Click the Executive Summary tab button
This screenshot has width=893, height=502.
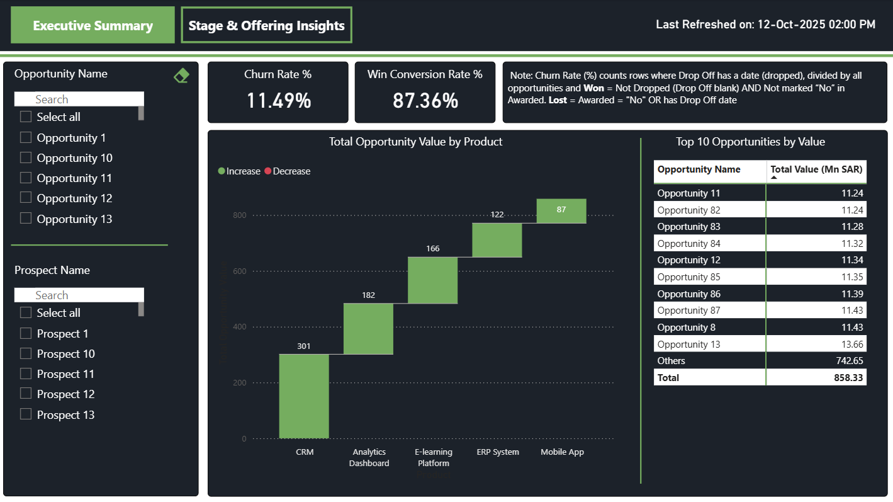tap(93, 25)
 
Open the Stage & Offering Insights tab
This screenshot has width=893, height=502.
tap(266, 25)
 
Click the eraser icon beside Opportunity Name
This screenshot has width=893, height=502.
tap(181, 76)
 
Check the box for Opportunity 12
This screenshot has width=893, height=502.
tap(26, 198)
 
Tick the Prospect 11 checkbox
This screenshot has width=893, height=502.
tap(26, 374)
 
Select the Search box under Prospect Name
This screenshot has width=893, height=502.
tap(79, 295)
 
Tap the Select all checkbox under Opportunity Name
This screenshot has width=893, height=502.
tap(26, 117)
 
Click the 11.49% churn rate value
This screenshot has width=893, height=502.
tap(278, 100)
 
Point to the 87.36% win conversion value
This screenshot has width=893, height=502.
tap(425, 100)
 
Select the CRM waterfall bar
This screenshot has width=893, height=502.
tap(304, 396)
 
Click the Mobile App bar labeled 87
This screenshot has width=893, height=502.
tap(561, 211)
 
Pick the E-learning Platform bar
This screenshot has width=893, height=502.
tap(432, 280)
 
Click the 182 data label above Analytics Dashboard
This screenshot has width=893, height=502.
tap(368, 295)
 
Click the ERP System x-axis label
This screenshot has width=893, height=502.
tap(498, 452)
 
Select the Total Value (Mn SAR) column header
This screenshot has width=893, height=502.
tap(816, 169)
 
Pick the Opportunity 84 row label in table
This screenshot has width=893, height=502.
tap(688, 243)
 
